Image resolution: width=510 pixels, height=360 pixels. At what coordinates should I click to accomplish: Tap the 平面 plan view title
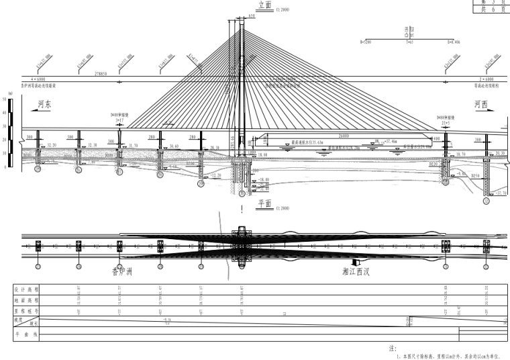tap(264, 201)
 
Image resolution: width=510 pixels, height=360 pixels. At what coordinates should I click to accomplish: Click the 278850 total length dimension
tap(102, 71)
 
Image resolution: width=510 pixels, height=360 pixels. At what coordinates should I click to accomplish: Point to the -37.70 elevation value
tap(501, 193)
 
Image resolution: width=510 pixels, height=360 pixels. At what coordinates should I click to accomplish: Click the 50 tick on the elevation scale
tap(5, 99)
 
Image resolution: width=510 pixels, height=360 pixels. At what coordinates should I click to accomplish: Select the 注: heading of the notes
tap(393, 349)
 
